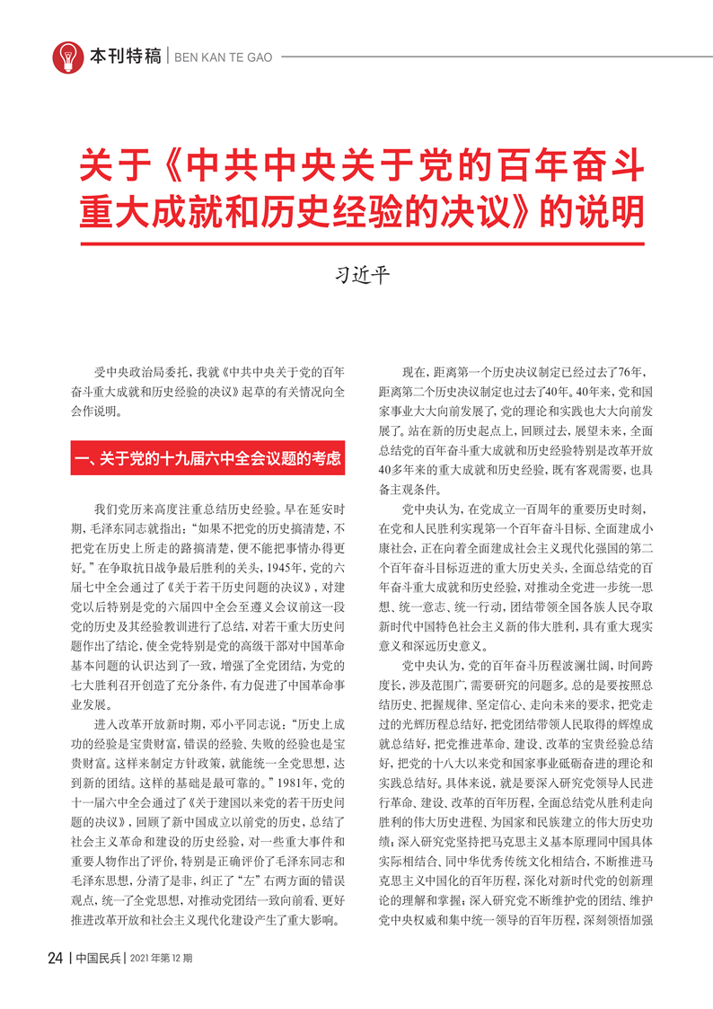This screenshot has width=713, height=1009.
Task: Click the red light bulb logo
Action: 69,56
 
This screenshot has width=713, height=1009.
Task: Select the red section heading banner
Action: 208,458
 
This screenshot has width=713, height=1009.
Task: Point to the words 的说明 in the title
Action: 592,212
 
